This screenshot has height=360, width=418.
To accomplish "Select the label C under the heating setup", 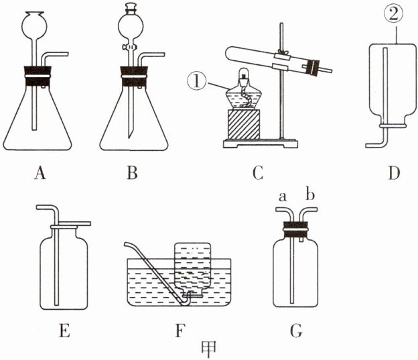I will (257, 175).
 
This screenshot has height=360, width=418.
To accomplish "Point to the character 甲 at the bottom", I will (210, 349).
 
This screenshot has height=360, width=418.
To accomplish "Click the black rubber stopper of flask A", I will (38, 73).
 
